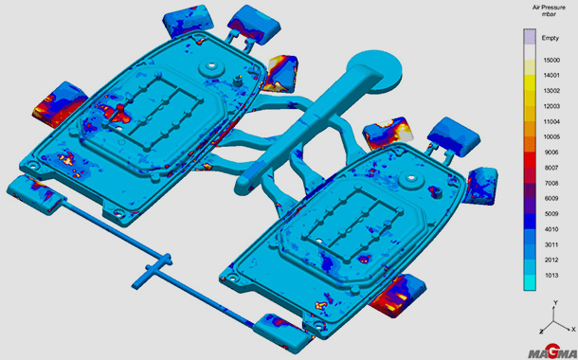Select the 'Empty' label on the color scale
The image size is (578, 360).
point(550,38)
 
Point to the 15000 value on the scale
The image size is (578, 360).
point(551,60)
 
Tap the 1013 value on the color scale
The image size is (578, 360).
point(551,276)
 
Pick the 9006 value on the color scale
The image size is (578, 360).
point(551,153)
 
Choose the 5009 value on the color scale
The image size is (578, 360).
point(551,214)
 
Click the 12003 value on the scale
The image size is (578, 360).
point(551,106)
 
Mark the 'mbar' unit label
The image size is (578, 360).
point(550,14)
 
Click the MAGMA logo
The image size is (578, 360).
point(551,352)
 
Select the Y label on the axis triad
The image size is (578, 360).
point(556,302)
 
